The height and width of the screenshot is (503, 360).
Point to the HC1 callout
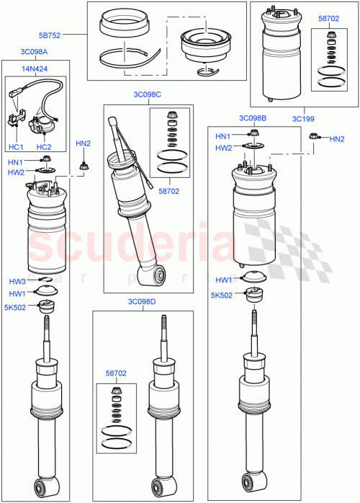(x=16, y=146)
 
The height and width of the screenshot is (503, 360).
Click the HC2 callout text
(x=43, y=146)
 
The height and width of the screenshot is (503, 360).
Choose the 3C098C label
(x=148, y=94)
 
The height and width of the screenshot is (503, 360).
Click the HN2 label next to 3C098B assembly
(x=336, y=138)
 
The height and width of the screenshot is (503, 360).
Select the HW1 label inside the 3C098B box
(x=222, y=280)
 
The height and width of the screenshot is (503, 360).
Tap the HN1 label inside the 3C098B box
(x=222, y=136)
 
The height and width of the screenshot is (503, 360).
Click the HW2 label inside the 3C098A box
(x=16, y=173)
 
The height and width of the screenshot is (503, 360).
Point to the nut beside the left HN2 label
(x=83, y=166)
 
